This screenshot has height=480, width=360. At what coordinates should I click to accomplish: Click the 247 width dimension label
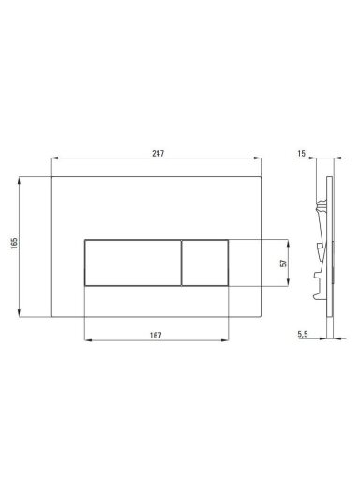tap(157, 154)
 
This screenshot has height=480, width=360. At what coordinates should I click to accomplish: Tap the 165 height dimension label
tap(14, 243)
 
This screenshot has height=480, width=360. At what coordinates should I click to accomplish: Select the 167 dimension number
tap(156, 336)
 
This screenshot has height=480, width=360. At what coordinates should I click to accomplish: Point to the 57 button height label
tap(284, 263)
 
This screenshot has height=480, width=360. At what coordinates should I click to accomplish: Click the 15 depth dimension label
tap(301, 154)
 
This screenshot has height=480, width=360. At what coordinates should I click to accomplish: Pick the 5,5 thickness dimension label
tap(303, 334)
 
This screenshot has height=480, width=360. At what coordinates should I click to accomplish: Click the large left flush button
tap(133, 262)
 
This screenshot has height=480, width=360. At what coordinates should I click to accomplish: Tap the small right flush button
tap(204, 262)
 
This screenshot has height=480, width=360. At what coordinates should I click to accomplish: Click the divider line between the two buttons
tap(181, 262)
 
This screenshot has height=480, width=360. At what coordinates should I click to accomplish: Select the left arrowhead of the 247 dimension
tap(54, 158)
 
